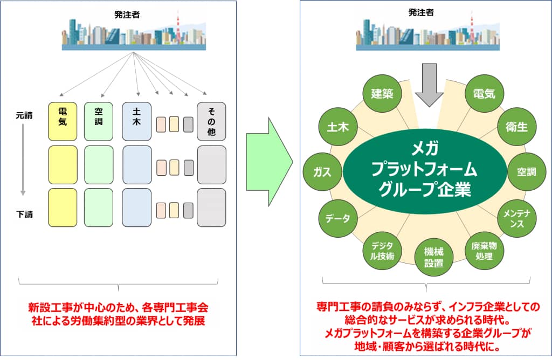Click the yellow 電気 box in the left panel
click(63, 121)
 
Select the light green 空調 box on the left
click(99, 121)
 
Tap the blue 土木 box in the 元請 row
click(136, 121)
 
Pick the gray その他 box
click(211, 121)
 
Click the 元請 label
click(25, 115)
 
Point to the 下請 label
click(25, 214)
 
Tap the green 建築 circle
click(382, 94)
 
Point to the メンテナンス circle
click(517, 218)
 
